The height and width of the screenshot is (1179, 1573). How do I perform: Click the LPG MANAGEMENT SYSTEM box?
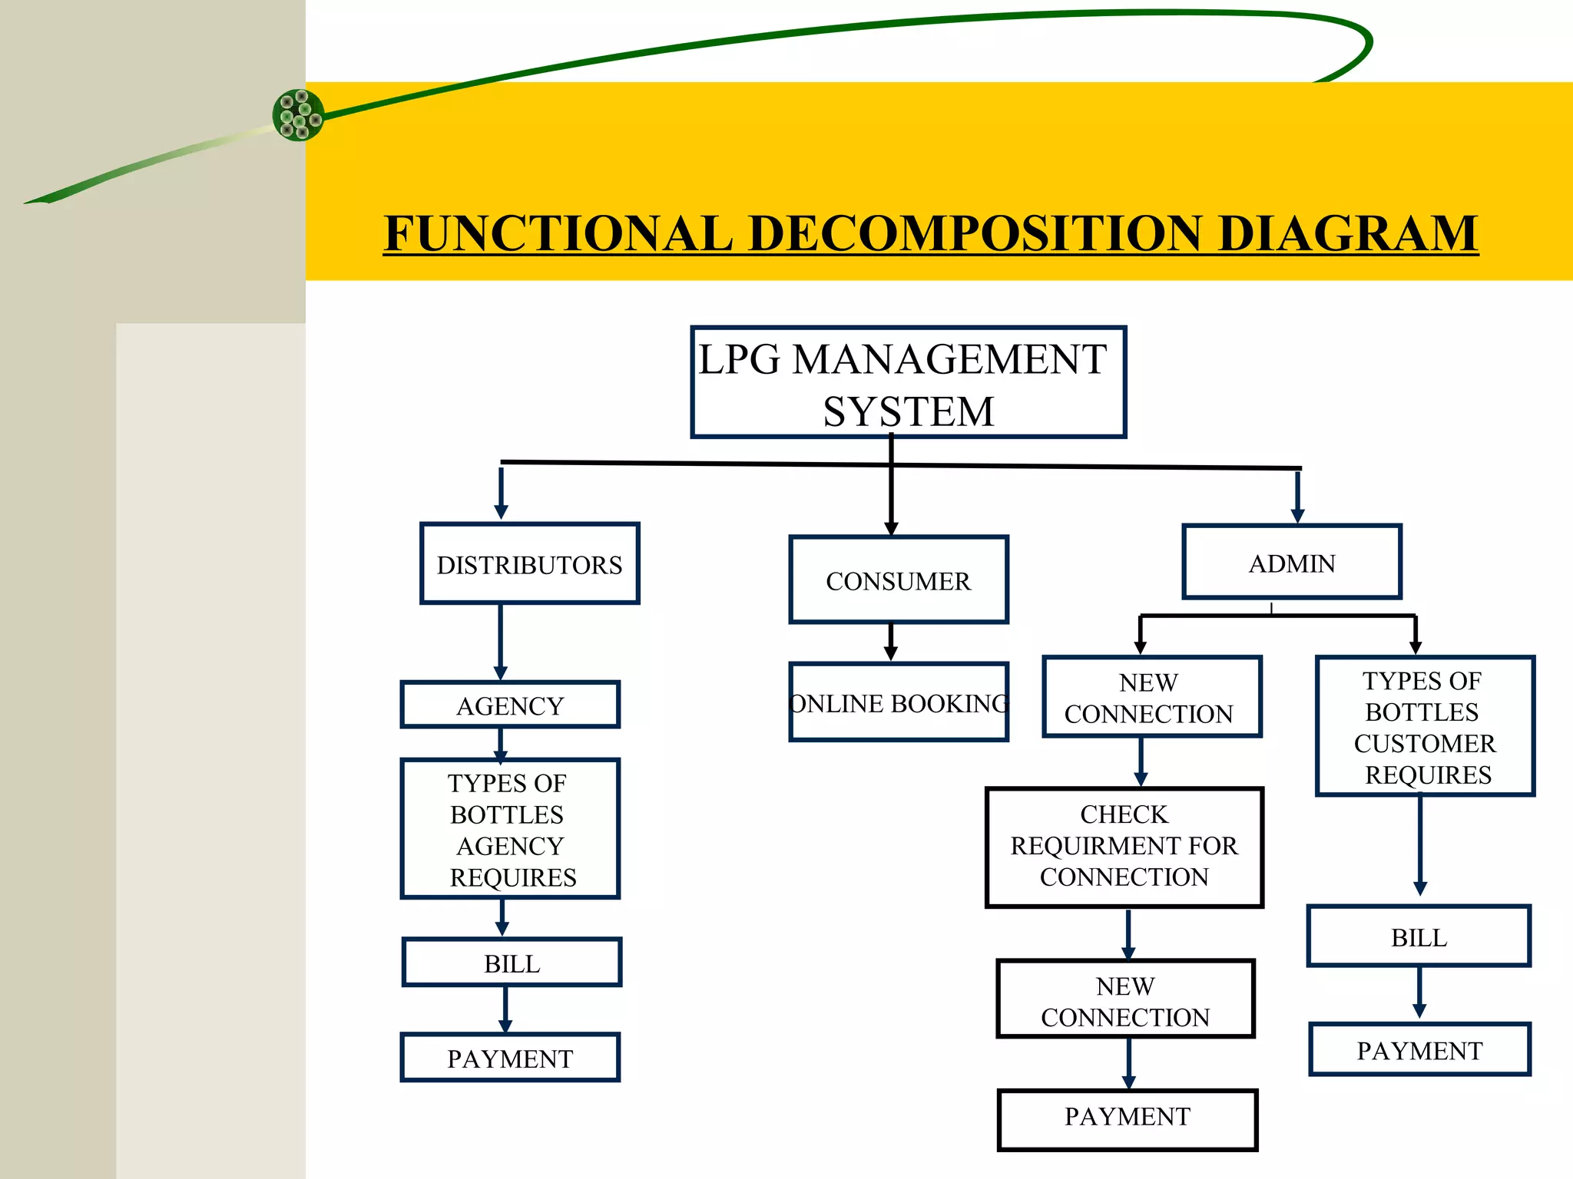(x=908, y=382)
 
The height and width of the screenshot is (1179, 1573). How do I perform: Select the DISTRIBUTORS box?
(x=529, y=564)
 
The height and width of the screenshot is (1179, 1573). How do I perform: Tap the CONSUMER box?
(x=898, y=580)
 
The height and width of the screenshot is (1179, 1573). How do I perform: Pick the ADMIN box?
(x=1292, y=563)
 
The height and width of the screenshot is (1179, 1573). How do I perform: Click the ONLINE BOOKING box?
(x=898, y=702)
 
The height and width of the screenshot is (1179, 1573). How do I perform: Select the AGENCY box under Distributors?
(x=510, y=705)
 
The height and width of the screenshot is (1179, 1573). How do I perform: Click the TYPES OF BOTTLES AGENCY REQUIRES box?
(x=510, y=829)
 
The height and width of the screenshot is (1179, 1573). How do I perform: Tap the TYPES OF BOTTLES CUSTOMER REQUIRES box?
(x=1425, y=726)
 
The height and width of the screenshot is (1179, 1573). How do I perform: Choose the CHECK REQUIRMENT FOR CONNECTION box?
(x=1124, y=847)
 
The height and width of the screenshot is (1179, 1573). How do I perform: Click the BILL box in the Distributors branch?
(x=512, y=963)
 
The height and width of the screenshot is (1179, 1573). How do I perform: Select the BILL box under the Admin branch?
(x=1419, y=936)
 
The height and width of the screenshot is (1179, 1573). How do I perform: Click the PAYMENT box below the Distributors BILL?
(x=510, y=1058)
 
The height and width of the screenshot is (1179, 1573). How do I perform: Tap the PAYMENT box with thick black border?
(x=1127, y=1119)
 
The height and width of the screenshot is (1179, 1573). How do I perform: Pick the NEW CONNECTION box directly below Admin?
(x=1151, y=697)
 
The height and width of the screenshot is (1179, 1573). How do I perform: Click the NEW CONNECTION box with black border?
(x=1125, y=999)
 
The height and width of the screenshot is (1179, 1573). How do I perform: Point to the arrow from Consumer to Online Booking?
(x=891, y=642)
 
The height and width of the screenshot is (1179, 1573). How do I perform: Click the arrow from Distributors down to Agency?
(x=501, y=642)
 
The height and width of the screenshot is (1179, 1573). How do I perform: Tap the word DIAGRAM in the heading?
(x=1348, y=233)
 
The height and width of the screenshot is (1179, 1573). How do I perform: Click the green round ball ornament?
(x=298, y=115)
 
